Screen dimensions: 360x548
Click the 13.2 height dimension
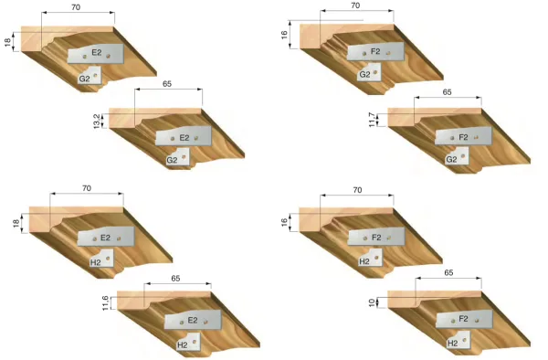pyautogui.click(x=97, y=122)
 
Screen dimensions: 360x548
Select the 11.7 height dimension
pyautogui.click(x=372, y=120)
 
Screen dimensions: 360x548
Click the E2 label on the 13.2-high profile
pyautogui.click(x=184, y=138)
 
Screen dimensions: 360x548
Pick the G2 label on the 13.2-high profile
pyautogui.click(x=172, y=160)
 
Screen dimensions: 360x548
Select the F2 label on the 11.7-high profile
pyautogui.click(x=463, y=137)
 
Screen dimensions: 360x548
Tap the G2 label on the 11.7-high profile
pyautogui.click(x=451, y=159)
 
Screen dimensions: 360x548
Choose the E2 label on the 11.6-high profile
pyautogui.click(x=193, y=321)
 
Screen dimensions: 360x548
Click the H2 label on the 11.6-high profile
pyautogui.click(x=182, y=344)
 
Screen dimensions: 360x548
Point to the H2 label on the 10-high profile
pyautogui.click(x=454, y=343)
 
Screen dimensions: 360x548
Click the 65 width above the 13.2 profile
pyautogui.click(x=167, y=83)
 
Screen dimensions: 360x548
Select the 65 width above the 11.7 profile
pyautogui.click(x=447, y=92)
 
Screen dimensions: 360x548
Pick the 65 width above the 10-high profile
pyautogui.click(x=448, y=272)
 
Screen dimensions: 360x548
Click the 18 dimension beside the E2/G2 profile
pyautogui.click(x=7, y=42)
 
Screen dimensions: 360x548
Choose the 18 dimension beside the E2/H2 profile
pyautogui.click(x=16, y=222)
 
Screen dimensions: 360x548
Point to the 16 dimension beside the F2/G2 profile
pyautogui.click(x=285, y=37)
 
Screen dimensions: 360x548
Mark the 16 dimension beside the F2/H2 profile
pyautogui.click(x=285, y=222)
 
